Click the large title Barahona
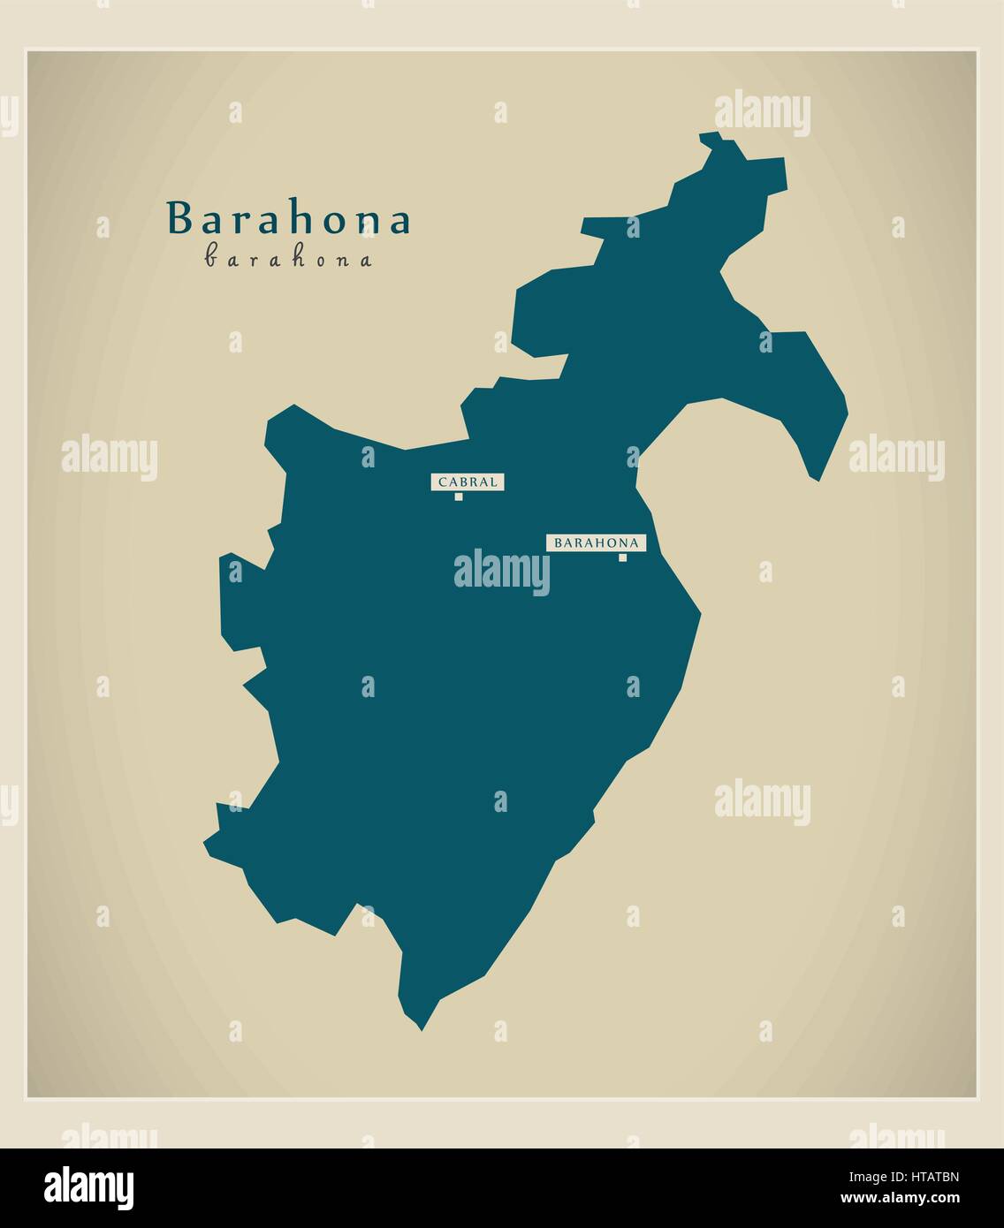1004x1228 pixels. click(x=289, y=219)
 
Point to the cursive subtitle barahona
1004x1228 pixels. click(x=288, y=258)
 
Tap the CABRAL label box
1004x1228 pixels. click(x=468, y=481)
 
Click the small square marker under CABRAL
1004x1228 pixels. click(x=459, y=497)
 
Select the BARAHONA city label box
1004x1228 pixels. click(x=596, y=542)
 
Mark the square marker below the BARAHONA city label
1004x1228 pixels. click(x=622, y=557)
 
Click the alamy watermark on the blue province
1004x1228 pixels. click(x=501, y=572)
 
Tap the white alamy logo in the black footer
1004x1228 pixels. click(x=89, y=1187)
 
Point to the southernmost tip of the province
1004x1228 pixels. click(x=422, y=1029)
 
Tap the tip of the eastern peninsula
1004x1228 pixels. click(x=818, y=480)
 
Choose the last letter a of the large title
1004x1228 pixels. click(x=399, y=222)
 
